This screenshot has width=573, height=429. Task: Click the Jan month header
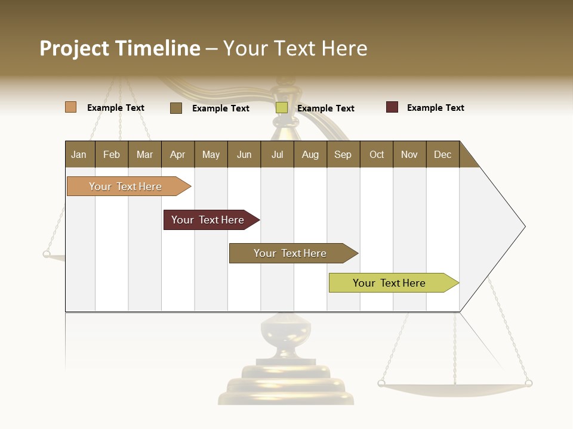pyautogui.click(x=79, y=154)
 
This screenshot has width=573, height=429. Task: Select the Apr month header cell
pyautogui.click(x=177, y=154)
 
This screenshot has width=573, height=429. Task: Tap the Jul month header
pyautogui.click(x=277, y=154)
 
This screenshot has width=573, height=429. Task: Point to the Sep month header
pyautogui.click(x=343, y=154)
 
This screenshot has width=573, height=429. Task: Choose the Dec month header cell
pyautogui.click(x=442, y=154)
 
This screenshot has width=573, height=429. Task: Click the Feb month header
pyautogui.click(x=112, y=154)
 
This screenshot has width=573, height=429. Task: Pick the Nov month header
pyautogui.click(x=409, y=154)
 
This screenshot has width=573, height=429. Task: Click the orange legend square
pyautogui.click(x=70, y=107)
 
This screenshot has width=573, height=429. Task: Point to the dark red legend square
pyautogui.click(x=392, y=107)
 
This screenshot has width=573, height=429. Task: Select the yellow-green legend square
pyautogui.click(x=282, y=108)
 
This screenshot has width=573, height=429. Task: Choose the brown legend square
pyautogui.click(x=176, y=108)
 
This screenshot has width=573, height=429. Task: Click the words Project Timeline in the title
pyautogui.click(x=119, y=48)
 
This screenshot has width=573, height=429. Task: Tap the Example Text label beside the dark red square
pyautogui.click(x=435, y=108)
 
